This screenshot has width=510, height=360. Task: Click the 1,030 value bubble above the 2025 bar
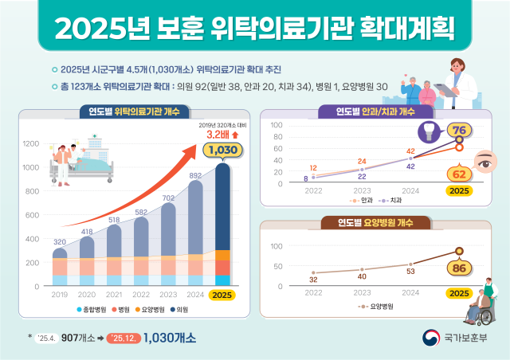(x=222, y=150)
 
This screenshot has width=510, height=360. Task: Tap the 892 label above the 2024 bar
(x=194, y=175)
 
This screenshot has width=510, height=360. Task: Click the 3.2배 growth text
(x=209, y=135)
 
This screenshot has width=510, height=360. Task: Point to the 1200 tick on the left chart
(x=31, y=143)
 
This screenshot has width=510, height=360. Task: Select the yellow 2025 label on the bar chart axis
(x=223, y=294)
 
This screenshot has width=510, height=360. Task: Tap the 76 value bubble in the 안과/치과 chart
(x=458, y=131)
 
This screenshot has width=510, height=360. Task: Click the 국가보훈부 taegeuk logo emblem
(x=432, y=338)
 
